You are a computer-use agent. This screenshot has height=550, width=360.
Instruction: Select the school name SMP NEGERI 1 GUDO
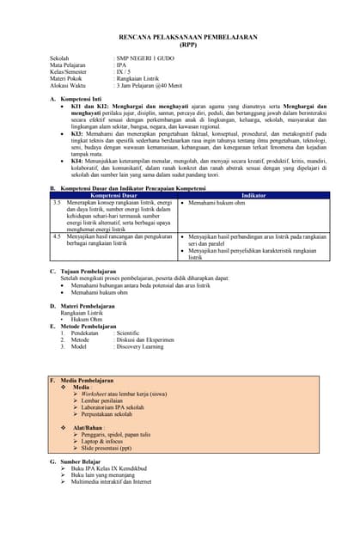click(147, 58)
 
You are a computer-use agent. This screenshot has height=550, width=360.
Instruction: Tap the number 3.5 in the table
click(57, 202)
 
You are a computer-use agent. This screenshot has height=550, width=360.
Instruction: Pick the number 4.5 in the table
click(57, 235)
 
